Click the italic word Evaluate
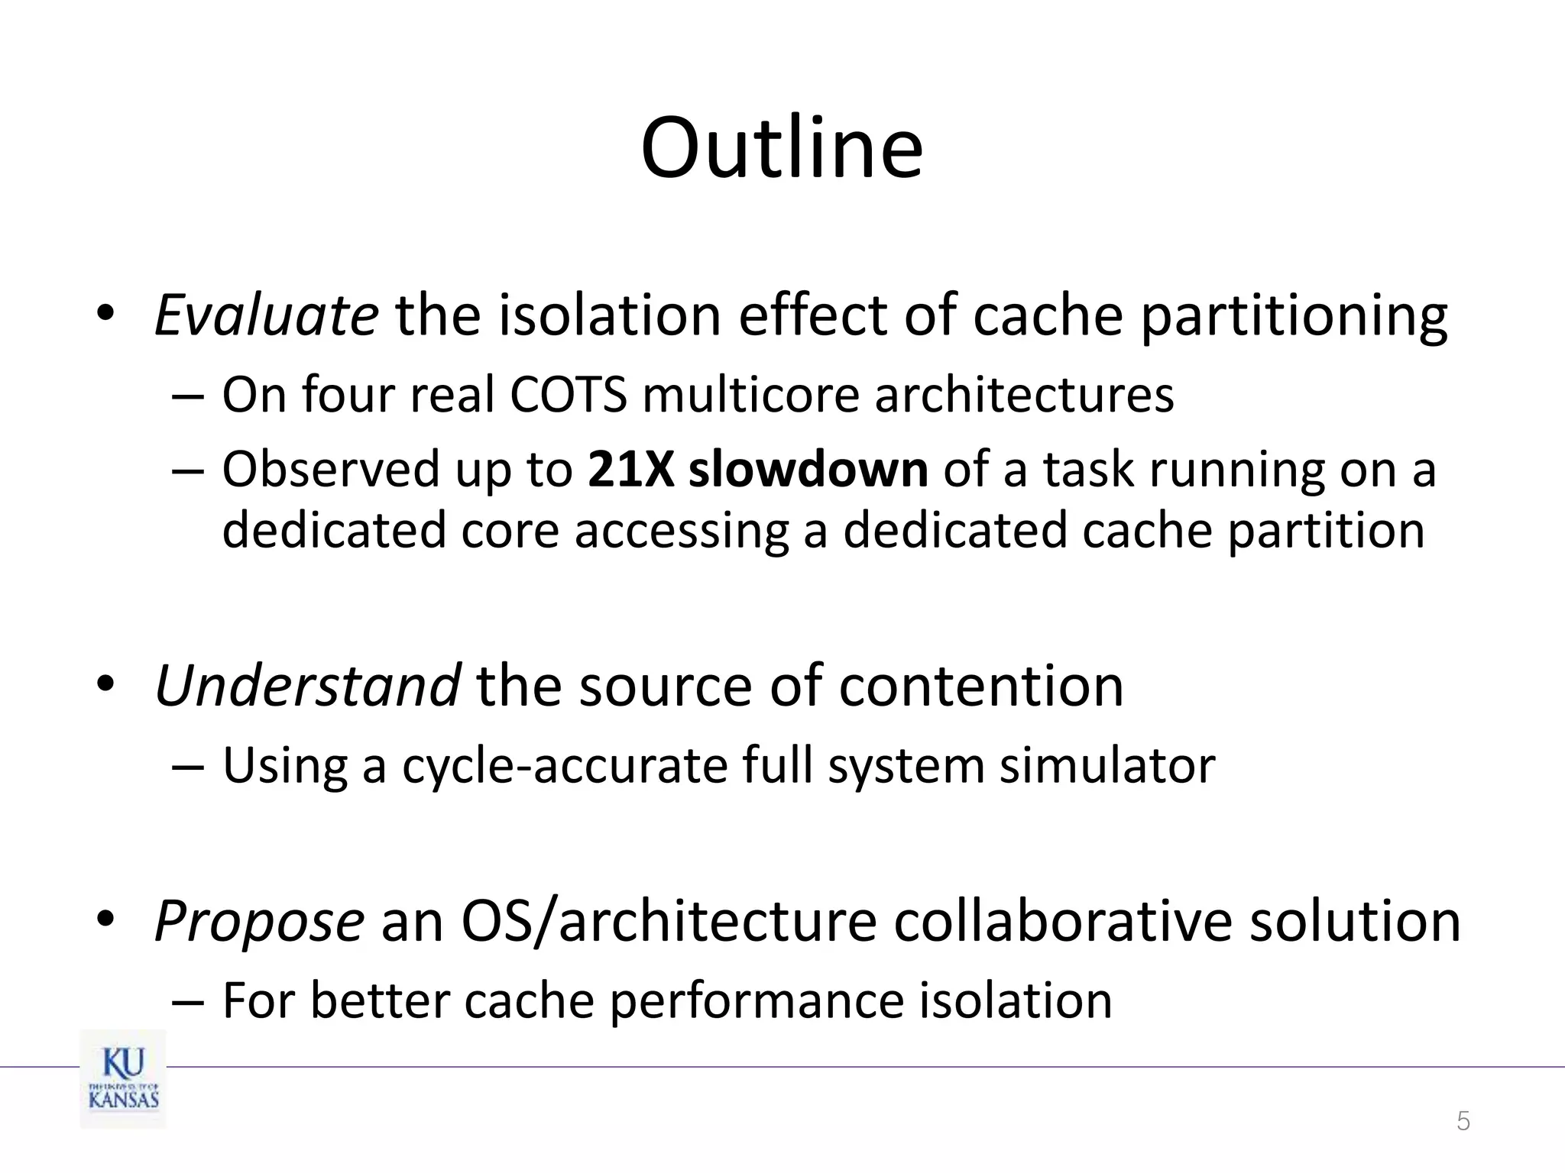pos(266,315)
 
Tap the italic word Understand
pos(307,685)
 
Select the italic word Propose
pos(259,922)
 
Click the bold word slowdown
pos(808,469)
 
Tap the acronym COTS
pos(568,395)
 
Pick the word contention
pos(981,685)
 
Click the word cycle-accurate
pos(565,765)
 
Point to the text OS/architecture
pos(669,922)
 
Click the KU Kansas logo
pos(123,1079)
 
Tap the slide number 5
pos(1463,1122)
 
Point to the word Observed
pos(331,469)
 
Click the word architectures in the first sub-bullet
pos(1024,395)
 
